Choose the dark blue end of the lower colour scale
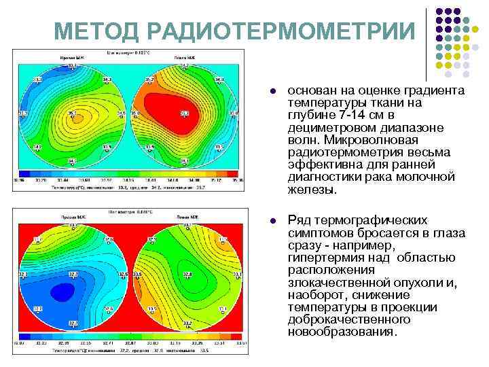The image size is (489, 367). click(x=24, y=336)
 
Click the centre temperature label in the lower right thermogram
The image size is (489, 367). click(x=187, y=275)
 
